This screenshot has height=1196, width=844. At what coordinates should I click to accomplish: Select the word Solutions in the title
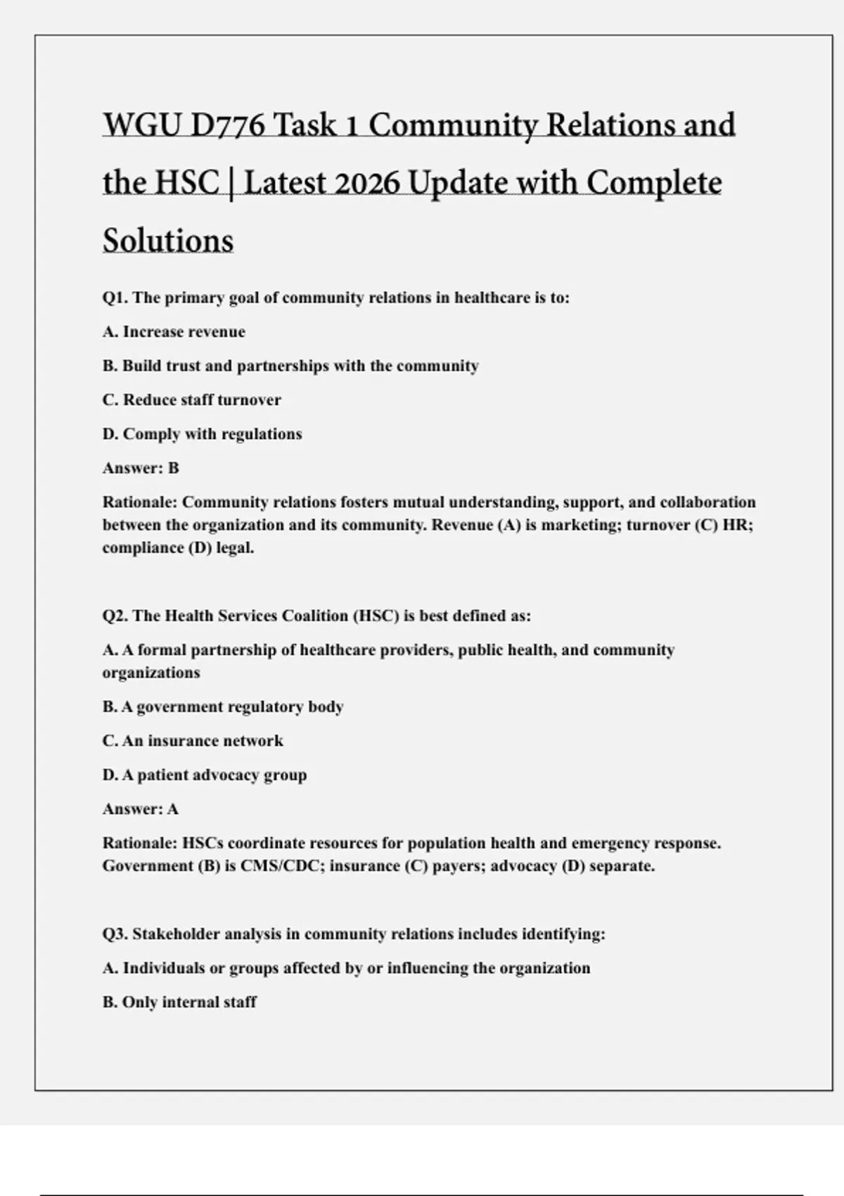(168, 241)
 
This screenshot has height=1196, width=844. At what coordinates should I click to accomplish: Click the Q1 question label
(115, 298)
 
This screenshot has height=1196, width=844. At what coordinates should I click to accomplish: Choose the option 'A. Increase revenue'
(174, 332)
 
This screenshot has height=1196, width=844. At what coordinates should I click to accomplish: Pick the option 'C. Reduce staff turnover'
(191, 400)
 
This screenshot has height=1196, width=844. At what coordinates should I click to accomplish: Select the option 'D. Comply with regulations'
(202, 434)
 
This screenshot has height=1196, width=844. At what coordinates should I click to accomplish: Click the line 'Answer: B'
(141, 469)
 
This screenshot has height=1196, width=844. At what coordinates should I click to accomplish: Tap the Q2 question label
(115, 616)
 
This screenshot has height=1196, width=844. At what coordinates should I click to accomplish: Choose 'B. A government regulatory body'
(223, 707)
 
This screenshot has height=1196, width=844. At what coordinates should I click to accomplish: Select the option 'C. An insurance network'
(193, 741)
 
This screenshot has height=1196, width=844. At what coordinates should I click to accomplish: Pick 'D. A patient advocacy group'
(205, 775)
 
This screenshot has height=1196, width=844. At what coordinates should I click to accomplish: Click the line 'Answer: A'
(141, 810)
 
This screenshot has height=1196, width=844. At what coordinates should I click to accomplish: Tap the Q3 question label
(115, 934)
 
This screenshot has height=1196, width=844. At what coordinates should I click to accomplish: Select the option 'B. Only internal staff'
(179, 1003)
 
